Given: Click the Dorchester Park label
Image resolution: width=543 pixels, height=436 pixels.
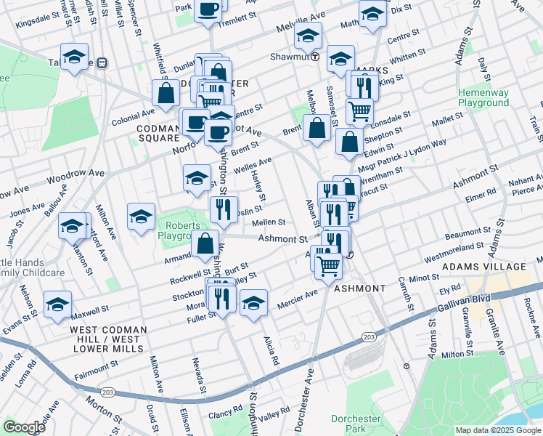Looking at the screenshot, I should pyautogui.click(x=356, y=424).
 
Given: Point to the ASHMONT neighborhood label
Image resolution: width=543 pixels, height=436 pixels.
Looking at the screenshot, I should pyautogui.click(x=360, y=288).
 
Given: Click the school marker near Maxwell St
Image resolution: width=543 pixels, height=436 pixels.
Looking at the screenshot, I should pyautogui.click(x=57, y=305).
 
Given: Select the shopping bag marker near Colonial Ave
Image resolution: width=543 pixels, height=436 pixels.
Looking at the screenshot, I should pyautogui.click(x=166, y=93).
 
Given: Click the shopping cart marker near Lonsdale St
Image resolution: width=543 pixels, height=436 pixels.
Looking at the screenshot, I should pyautogui.click(x=359, y=111).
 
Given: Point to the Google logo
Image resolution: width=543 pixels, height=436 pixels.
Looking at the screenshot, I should pyautogui.click(x=24, y=427).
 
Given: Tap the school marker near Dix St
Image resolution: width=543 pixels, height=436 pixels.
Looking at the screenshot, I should pyautogui.click(x=372, y=13).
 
